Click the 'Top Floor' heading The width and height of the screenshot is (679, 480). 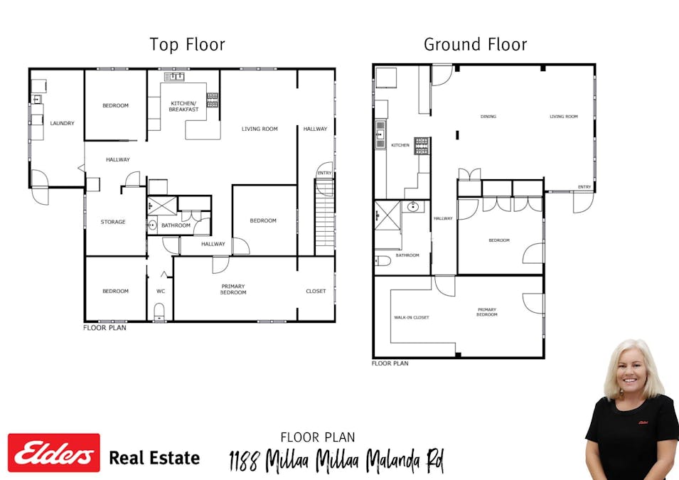187,45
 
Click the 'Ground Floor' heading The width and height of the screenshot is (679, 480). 475,45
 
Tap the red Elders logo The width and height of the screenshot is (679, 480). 54,453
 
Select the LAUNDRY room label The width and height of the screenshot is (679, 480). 63,123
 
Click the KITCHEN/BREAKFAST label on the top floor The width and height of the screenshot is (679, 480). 184,107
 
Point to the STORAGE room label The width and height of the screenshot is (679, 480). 113,222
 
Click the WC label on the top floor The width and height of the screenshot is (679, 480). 161,291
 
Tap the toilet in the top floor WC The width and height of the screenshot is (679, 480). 159,312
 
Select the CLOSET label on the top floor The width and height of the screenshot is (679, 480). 316,291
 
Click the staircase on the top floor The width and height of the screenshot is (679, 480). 324,217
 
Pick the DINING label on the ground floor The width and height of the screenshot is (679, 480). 488,117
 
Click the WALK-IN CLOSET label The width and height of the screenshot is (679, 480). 412,318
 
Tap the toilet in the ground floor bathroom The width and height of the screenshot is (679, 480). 383,261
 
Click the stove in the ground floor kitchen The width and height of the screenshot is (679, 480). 422,146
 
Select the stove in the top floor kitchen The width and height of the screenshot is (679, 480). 212,100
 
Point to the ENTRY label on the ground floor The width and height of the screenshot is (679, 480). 584,187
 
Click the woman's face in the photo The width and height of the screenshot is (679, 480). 631,373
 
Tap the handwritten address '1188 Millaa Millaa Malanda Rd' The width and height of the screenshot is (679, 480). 336,461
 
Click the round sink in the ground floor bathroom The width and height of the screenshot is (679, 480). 413,206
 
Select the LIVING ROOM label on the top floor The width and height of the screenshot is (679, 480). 260,129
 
